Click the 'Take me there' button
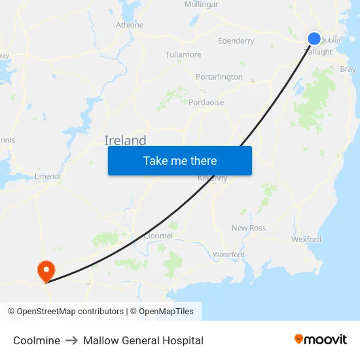[x=180, y=161]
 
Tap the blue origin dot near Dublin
[x=314, y=39]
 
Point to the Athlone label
[x=129, y=25]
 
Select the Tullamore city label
[x=183, y=54]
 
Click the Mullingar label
[x=202, y=4]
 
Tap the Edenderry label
[x=236, y=41]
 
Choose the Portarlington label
[x=219, y=77]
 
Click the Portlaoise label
[x=206, y=102]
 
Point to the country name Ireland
[x=125, y=141]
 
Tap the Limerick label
[x=48, y=176]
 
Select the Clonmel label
[x=158, y=236]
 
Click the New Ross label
[x=249, y=228]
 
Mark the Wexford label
[x=306, y=240]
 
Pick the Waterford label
[x=228, y=255]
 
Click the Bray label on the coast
[x=348, y=69]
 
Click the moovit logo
[x=321, y=340]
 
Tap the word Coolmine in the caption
[x=37, y=340]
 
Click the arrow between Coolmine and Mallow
[x=71, y=340]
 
